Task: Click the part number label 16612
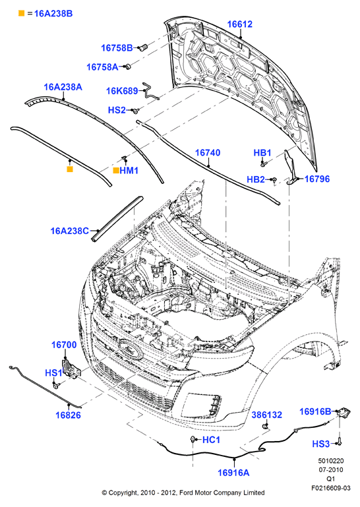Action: [240, 24]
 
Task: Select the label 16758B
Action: [117, 48]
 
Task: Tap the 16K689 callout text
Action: [122, 91]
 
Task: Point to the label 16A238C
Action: [69, 231]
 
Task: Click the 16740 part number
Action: [208, 152]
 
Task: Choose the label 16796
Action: [317, 179]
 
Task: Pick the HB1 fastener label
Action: [262, 152]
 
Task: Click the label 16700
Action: [64, 345]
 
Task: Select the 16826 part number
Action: [69, 415]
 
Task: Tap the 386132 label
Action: [267, 415]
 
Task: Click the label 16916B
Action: [315, 411]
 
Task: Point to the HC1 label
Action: [211, 440]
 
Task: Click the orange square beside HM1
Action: [116, 170]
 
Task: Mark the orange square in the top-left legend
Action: [21, 13]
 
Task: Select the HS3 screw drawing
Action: [340, 441]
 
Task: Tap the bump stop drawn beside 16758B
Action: [142, 47]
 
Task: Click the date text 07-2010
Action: [330, 470]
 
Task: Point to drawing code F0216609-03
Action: [330, 488]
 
